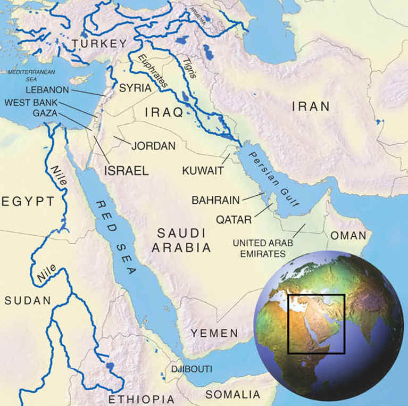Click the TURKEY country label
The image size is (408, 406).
point(101,44)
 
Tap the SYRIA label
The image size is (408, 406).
point(135,88)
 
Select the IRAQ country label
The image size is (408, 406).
point(164,112)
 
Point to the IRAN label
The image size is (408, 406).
point(311,106)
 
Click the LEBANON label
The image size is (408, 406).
point(47,90)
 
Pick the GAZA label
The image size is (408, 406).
point(45,113)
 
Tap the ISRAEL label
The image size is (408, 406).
point(126,170)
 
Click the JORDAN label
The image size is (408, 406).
point(153,145)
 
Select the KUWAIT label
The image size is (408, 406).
point(202,170)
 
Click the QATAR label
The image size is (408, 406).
point(234,219)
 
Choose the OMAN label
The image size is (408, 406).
point(348,235)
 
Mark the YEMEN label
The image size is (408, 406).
point(215,334)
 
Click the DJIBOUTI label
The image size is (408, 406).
point(191,369)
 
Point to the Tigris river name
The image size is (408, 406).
point(190,68)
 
